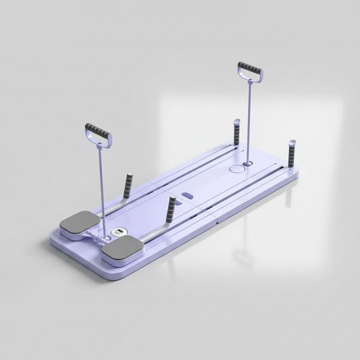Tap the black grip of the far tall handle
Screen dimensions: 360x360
point(250,69)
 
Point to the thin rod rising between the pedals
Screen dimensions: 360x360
point(102,182)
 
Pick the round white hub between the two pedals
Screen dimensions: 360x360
point(118,233)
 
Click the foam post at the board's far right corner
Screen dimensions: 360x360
point(291,155)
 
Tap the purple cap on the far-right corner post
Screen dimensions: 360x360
point(291,143)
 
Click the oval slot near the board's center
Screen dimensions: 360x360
point(188,196)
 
